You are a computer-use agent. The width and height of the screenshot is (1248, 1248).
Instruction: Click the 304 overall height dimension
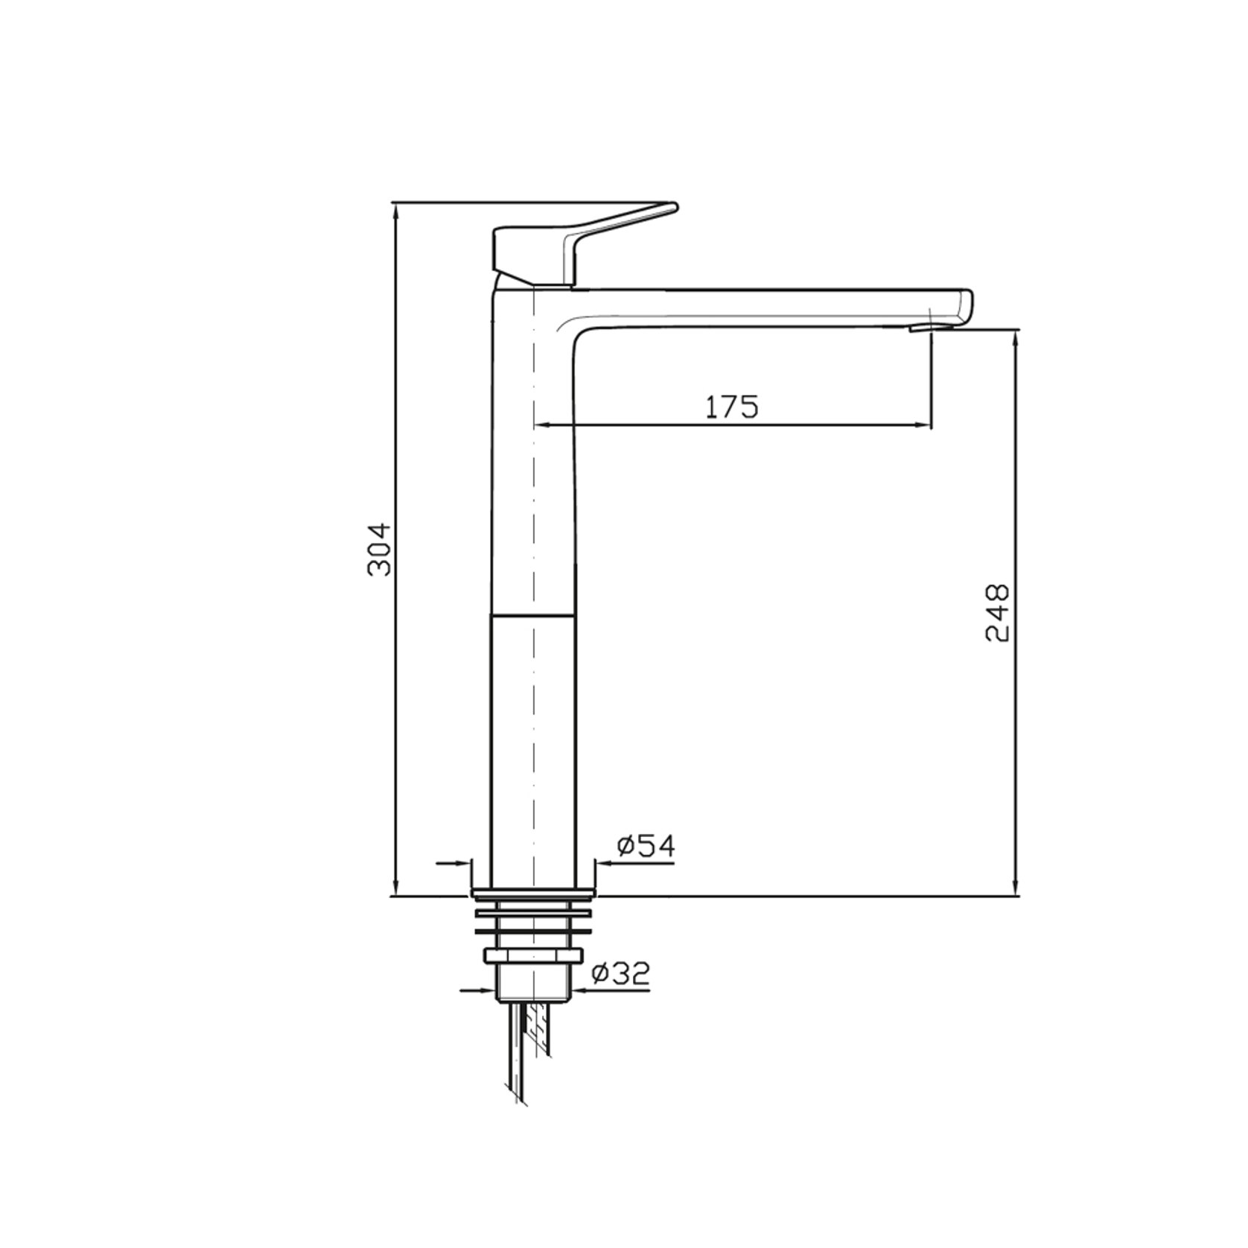(381, 549)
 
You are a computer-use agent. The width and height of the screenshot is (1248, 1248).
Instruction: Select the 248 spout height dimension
(998, 613)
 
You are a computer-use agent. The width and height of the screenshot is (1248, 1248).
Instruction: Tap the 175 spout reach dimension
(732, 407)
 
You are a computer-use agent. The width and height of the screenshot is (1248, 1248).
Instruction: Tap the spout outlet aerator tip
(920, 328)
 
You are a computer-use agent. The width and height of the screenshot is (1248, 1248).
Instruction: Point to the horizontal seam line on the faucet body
(533, 616)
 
